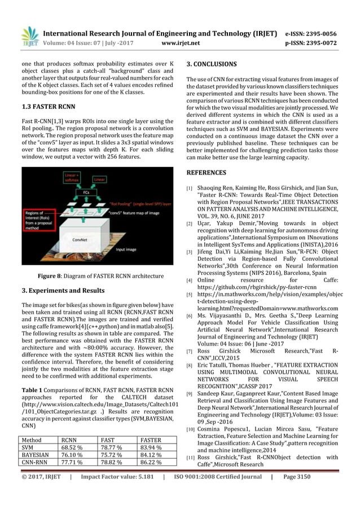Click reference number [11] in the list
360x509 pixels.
[190, 458]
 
